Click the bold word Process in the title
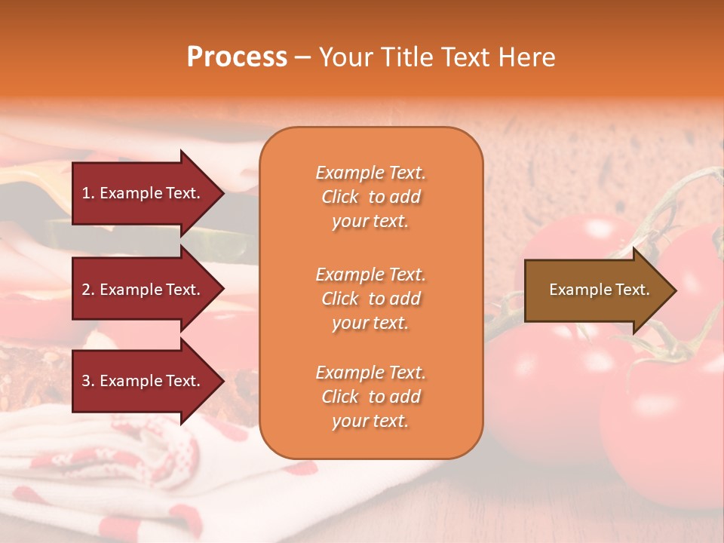point(237,57)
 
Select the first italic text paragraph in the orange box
point(370,197)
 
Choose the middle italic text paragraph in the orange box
point(370,299)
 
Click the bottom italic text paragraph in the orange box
point(370,397)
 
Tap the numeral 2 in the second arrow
point(87,290)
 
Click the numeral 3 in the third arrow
point(87,381)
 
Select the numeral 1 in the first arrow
point(87,193)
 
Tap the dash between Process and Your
point(302,58)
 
